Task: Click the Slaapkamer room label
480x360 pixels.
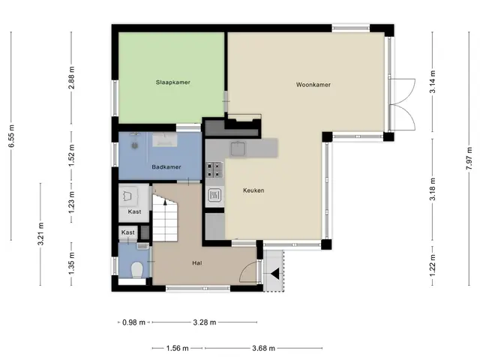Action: point(173,82)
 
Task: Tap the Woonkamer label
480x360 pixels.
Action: point(313,85)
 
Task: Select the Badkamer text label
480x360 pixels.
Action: point(166,167)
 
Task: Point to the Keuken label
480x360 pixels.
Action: point(253,190)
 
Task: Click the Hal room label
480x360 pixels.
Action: point(197,263)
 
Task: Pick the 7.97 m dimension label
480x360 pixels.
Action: point(469,158)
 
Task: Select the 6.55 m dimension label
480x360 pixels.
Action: point(12,136)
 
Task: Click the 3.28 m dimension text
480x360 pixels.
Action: point(205,322)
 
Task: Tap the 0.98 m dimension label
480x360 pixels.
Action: point(133,322)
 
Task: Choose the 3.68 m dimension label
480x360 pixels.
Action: point(263,348)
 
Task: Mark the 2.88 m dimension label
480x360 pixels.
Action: point(72,77)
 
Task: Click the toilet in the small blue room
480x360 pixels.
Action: point(137,270)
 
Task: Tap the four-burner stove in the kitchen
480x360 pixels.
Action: point(214,170)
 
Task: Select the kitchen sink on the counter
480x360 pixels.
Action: point(238,148)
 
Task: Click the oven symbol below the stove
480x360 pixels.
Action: point(214,195)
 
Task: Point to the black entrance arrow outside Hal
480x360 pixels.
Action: point(275,274)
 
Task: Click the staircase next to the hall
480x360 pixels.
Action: point(165,217)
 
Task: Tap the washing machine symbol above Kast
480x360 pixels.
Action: point(128,196)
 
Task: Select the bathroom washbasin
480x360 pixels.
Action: point(165,140)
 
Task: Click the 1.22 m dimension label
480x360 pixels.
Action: point(433,265)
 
